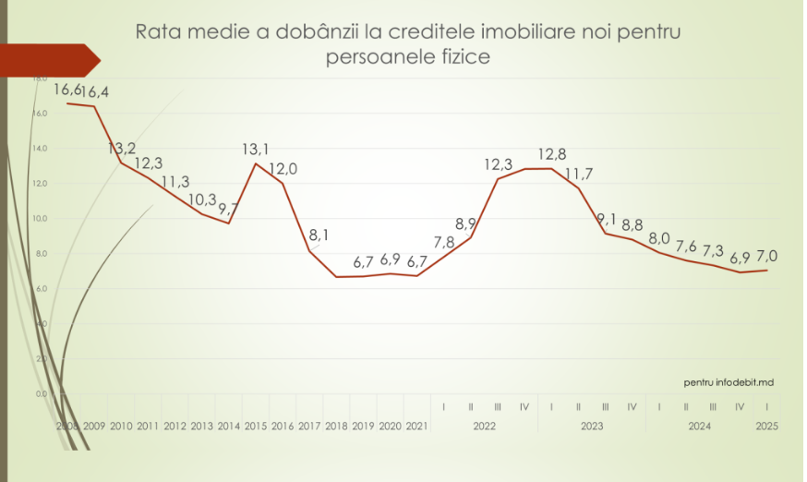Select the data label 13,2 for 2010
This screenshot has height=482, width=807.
coord(122,148)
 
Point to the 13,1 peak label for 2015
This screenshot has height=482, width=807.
coord(256,149)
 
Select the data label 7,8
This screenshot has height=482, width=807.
coord(444,242)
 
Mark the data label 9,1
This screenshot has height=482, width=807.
coord(606,219)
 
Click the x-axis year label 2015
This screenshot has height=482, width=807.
coord(256,427)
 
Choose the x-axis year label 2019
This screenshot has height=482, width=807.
coord(363,427)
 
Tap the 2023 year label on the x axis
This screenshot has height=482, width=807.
coord(592,427)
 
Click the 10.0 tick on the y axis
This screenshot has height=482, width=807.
coord(41,218)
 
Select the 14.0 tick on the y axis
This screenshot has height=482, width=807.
coord(41,148)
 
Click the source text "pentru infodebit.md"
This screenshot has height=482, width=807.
coord(729,381)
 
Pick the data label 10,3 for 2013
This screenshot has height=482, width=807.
coord(202,199)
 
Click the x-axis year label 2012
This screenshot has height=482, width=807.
coord(175,427)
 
